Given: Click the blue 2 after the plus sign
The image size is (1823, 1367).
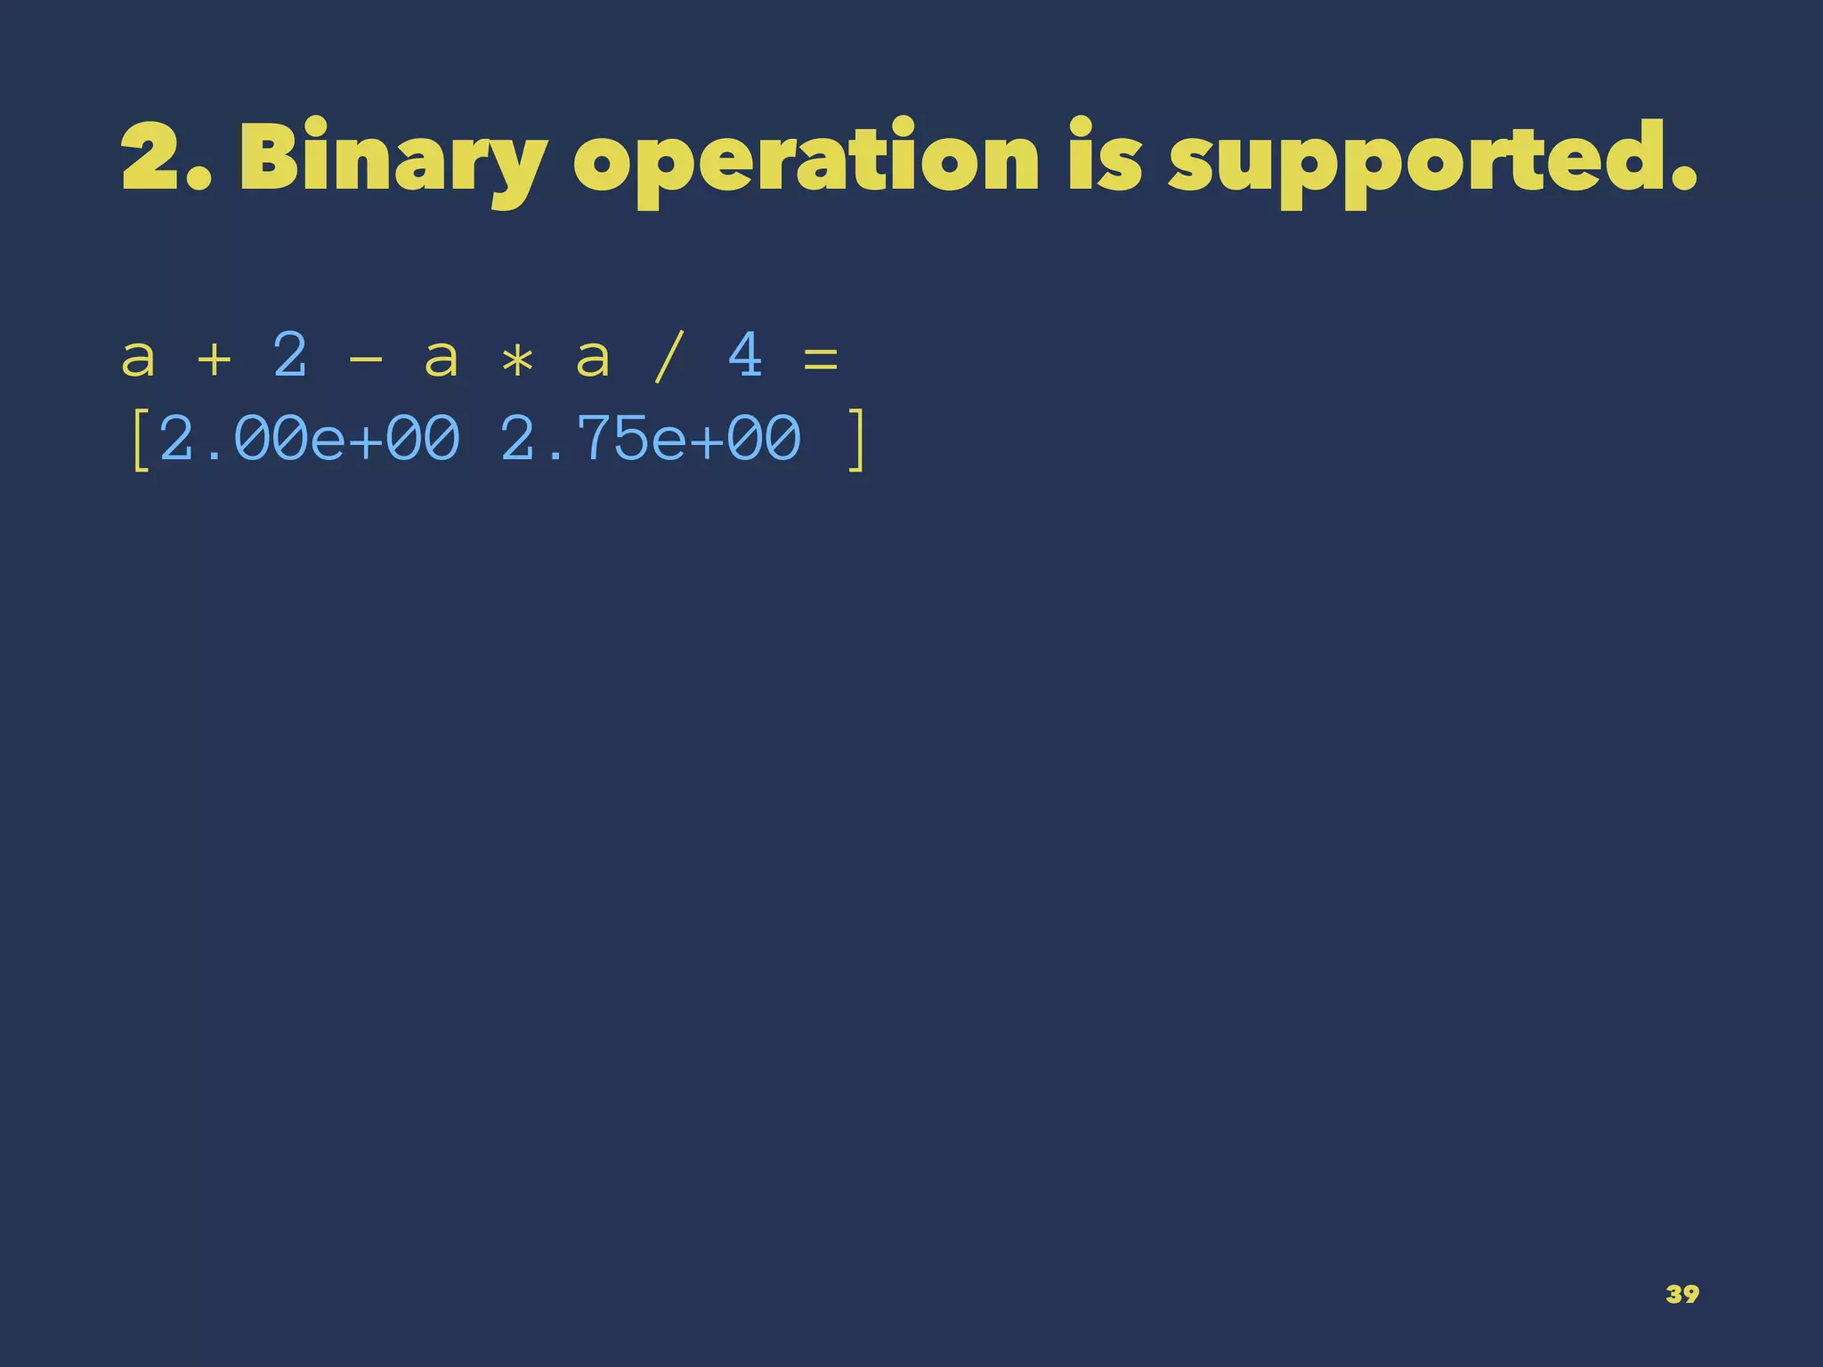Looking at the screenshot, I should pos(290,355).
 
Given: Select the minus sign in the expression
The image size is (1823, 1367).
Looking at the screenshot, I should pos(366,360).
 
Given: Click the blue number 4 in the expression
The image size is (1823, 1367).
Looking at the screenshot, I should pos(745,355).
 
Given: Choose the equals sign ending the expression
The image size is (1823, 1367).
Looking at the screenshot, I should pos(821,360).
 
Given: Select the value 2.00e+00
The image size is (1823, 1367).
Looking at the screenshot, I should pos(310,439).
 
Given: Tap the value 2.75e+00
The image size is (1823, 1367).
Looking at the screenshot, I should pos(651,439).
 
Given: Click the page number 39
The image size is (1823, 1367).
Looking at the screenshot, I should pos(1681,1293).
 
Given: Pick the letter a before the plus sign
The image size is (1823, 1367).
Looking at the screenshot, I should pos(138,360).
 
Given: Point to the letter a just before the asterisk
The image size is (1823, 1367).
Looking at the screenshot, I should pos(442,360).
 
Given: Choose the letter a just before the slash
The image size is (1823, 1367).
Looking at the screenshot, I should pos(593,360).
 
